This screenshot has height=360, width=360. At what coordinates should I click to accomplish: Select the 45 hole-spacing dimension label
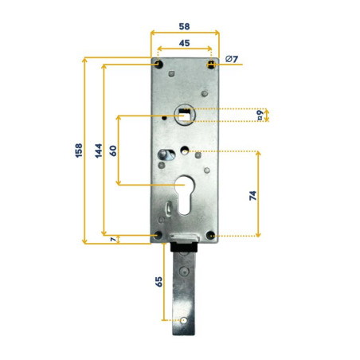pyautogui.click(x=184, y=44)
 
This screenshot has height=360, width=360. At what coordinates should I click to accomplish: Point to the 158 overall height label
pyautogui.click(x=78, y=151)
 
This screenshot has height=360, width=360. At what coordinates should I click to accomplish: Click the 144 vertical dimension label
pyautogui.click(x=98, y=151)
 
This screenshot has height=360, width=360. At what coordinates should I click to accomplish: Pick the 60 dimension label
pyautogui.click(x=113, y=151)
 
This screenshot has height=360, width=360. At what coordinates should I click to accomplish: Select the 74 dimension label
pyautogui.click(x=253, y=195)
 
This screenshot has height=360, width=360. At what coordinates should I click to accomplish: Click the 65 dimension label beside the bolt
pyautogui.click(x=158, y=283)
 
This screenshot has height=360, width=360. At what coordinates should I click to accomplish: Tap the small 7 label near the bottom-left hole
pyautogui.click(x=112, y=239)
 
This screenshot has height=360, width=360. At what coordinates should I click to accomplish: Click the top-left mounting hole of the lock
pyautogui.click(x=158, y=64)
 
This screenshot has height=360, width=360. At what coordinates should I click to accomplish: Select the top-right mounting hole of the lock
pyautogui.click(x=210, y=64)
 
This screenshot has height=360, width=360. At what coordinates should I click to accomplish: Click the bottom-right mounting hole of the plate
pyautogui.click(x=209, y=235)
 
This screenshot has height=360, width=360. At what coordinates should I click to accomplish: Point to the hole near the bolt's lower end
pyautogui.click(x=184, y=320)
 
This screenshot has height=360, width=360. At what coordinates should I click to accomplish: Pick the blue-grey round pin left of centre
pyautogui.click(x=165, y=153)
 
